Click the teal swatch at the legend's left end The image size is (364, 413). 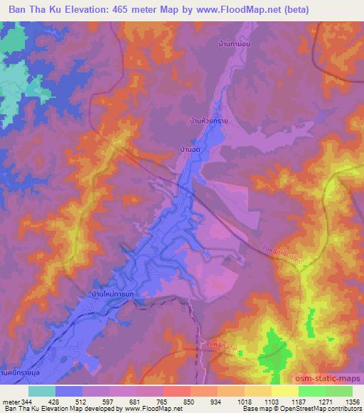click(x=42, y=391)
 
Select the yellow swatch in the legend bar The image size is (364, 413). click(x=285, y=391)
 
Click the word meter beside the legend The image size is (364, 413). click(x=9, y=401)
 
